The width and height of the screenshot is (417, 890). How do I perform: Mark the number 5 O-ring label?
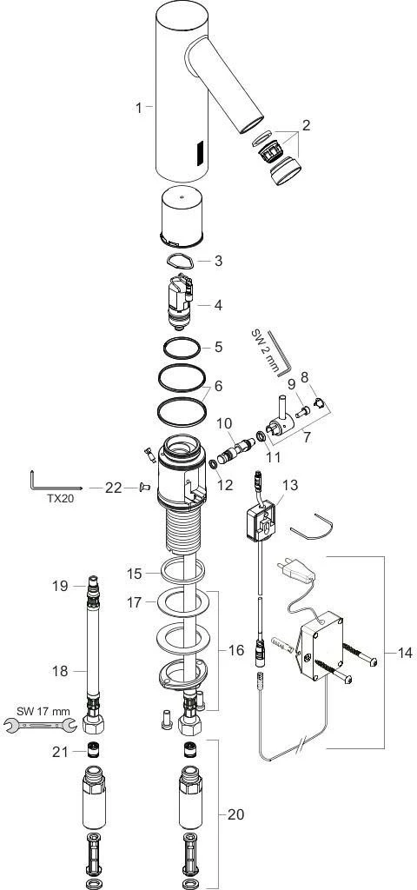point(219,347)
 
